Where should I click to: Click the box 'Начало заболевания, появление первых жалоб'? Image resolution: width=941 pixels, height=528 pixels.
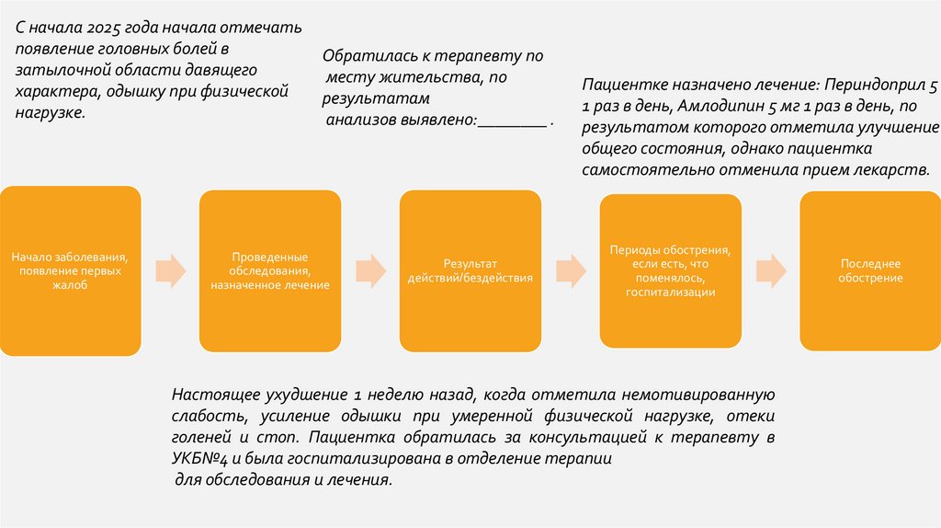click(70, 270)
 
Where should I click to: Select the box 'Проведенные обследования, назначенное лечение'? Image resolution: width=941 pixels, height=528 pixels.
click(269, 270)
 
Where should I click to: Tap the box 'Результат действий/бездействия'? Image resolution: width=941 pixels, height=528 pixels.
click(470, 270)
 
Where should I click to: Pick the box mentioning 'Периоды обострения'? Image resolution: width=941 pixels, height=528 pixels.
click(670, 270)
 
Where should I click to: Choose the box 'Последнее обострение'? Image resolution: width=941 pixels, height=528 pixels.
click(869, 270)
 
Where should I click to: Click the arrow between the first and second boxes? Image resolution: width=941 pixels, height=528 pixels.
click(170, 270)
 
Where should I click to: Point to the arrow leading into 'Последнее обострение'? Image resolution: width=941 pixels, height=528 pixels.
click(770, 270)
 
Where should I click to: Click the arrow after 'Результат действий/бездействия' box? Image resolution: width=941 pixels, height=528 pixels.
click(570, 270)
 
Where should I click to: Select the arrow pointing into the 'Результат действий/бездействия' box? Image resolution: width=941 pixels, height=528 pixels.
click(370, 270)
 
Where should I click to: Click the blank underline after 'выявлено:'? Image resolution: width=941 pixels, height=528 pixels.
click(512, 121)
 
